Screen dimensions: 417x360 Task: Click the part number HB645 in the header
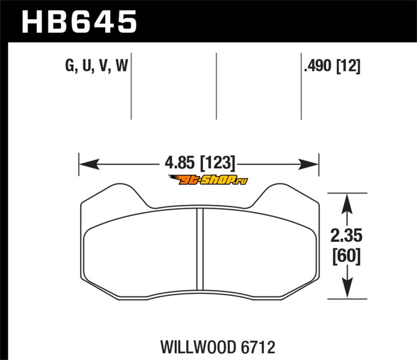click(79, 21)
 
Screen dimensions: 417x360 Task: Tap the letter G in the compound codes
click(70, 66)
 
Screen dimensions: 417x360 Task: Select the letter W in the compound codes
click(122, 66)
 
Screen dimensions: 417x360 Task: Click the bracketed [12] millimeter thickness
click(348, 66)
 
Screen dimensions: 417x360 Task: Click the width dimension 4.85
click(180, 163)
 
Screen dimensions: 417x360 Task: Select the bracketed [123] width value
click(217, 163)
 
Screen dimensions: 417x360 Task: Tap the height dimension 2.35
click(346, 235)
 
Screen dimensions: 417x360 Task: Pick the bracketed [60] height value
click(346, 256)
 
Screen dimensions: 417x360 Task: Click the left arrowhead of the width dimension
click(89, 164)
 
